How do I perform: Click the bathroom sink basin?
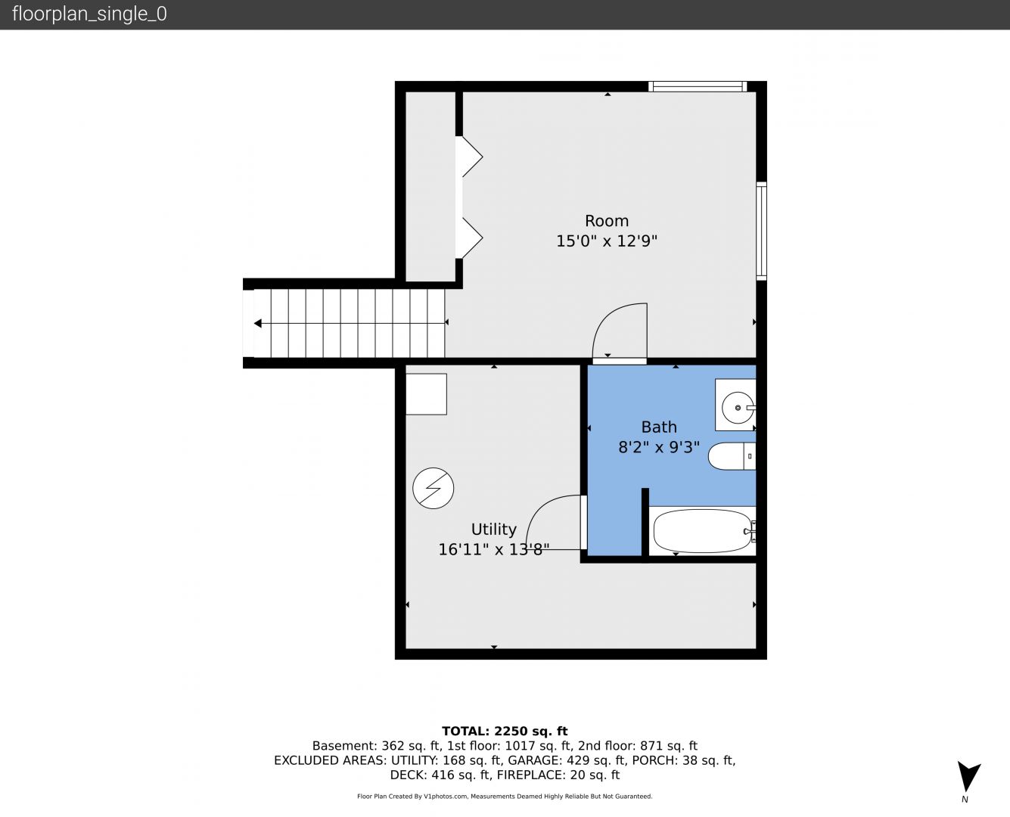point(738,407)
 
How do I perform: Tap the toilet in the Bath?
point(732,456)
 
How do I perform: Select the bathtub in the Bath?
point(702,531)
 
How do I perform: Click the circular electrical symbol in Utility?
point(433,489)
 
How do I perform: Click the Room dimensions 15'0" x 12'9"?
point(607,241)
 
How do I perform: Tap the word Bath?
point(659,427)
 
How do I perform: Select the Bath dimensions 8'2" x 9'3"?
point(659,447)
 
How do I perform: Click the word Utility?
point(493,530)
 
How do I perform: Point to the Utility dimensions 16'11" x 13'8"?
point(493,549)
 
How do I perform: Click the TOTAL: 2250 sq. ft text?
point(505,732)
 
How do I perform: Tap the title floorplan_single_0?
point(89,14)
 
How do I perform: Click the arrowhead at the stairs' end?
point(257,323)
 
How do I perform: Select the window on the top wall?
point(698,86)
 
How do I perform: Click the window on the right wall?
point(761,231)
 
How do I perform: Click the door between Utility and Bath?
point(584,522)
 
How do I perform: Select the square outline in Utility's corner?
point(426,394)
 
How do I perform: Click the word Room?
point(607,220)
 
